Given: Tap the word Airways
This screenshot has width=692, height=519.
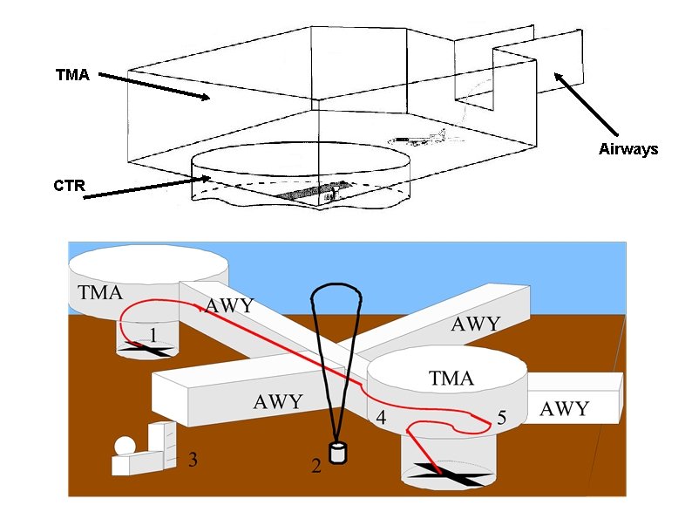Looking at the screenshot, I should [x=628, y=149].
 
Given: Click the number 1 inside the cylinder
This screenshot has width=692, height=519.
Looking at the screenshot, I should [x=153, y=335].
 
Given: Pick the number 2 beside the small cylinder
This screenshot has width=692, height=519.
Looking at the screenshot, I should [x=316, y=465].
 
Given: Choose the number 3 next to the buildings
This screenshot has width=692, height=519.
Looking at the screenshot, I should [x=192, y=457].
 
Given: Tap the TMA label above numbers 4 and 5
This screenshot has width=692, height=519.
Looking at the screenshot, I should [x=451, y=379].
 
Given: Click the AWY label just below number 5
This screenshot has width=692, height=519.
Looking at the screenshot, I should [x=564, y=408].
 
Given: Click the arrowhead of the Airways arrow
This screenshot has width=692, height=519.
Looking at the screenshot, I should [x=555, y=76].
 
